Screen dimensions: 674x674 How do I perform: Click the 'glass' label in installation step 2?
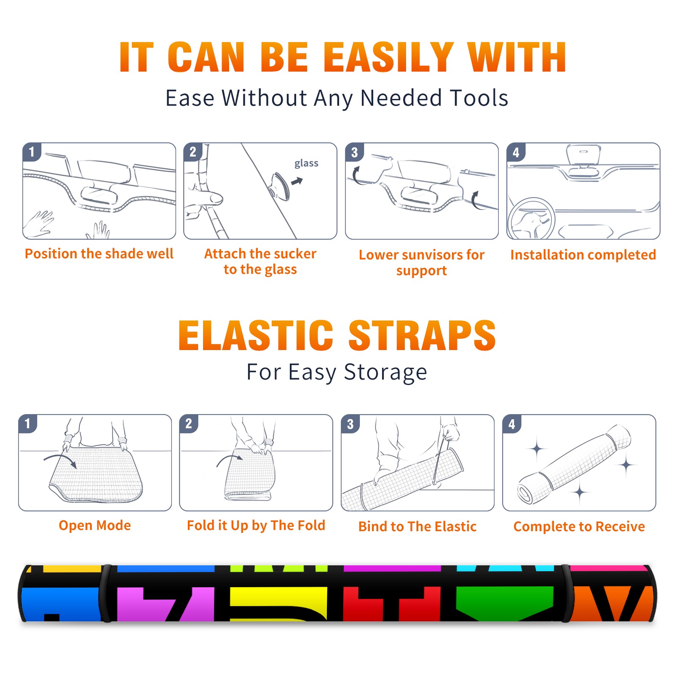(306, 163)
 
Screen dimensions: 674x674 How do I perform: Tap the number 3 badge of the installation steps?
(354, 152)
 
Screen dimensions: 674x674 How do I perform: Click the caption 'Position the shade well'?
(99, 254)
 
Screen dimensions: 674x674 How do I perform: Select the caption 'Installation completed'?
(583, 254)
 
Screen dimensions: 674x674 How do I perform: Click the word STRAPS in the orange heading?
(422, 335)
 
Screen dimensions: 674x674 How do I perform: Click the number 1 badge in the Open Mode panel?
(28, 423)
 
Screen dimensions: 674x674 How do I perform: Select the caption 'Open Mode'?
(95, 525)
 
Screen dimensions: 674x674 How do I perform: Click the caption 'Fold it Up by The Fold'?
(256, 526)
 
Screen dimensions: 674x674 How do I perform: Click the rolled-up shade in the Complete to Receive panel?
(574, 464)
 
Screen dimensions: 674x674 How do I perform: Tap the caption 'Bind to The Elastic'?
(417, 527)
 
